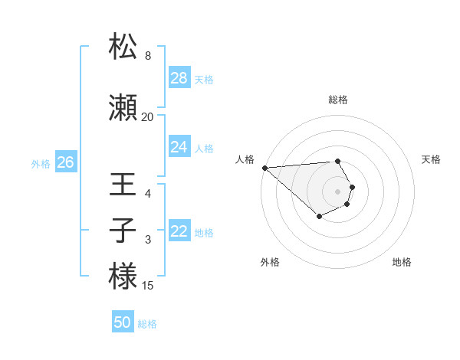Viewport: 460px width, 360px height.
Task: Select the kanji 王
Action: [123, 186]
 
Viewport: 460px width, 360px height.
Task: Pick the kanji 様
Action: [123, 277]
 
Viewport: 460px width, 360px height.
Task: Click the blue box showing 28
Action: [179, 78]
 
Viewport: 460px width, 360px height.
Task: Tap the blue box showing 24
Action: [179, 147]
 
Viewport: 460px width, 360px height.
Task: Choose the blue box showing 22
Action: [179, 231]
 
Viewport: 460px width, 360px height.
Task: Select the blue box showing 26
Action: [65, 162]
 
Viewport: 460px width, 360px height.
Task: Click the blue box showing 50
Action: [123, 322]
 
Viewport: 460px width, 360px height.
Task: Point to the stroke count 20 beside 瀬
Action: [148, 117]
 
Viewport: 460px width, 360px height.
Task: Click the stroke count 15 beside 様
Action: [148, 286]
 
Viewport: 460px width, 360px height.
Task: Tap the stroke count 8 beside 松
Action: [148, 56]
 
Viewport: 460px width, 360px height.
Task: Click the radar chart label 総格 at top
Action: [338, 100]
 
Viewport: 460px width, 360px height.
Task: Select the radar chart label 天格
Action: [431, 159]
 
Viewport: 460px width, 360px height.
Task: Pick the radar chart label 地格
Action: [402, 262]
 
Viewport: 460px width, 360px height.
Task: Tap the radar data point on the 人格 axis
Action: [264, 168]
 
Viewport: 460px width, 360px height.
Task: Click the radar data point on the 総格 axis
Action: [338, 161]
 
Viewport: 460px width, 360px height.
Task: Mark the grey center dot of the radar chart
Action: [338, 191]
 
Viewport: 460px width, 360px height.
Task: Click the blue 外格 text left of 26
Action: [41, 163]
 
